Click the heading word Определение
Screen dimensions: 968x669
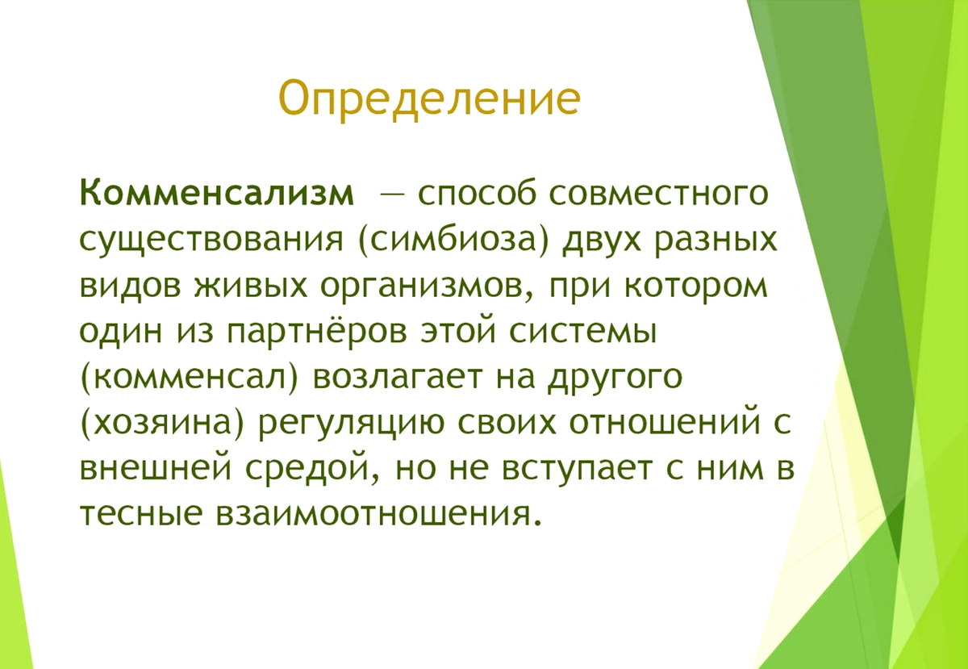pos(429,99)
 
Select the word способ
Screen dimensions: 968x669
pos(477,194)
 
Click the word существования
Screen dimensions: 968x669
pos(211,240)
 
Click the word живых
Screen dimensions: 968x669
pos(250,287)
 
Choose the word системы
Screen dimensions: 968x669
pos(583,334)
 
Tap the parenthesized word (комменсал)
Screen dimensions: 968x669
pos(190,378)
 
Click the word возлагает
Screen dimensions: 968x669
pos(396,378)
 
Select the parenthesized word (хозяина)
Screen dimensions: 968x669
pos(162,424)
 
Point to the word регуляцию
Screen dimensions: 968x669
pos(352,426)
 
